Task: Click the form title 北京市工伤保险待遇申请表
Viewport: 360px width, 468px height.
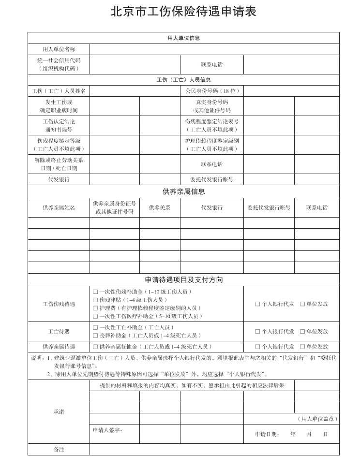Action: click(183, 11)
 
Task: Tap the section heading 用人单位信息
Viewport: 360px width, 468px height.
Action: click(183, 38)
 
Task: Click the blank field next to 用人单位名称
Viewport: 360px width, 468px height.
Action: click(214, 49)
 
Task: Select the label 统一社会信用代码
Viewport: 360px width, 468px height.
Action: click(59, 60)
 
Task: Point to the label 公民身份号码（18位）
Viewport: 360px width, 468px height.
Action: click(212, 91)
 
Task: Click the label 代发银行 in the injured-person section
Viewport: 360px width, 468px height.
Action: click(59, 179)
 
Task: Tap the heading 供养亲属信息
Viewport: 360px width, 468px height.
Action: click(183, 192)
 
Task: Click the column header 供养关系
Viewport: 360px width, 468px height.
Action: click(160, 208)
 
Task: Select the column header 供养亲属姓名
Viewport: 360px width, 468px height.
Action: click(59, 208)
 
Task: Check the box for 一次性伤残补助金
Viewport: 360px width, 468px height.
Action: click(95, 292)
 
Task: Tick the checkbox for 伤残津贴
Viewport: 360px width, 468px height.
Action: click(95, 300)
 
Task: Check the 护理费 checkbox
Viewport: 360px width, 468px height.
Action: click(95, 308)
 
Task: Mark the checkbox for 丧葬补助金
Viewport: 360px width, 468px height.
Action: click(95, 336)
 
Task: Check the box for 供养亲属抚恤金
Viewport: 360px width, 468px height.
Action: click(95, 347)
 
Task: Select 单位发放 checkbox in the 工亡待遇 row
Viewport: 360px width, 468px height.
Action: click(302, 332)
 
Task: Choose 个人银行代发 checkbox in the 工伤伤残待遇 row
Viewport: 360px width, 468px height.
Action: click(258, 304)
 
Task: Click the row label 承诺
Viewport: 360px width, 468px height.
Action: click(59, 412)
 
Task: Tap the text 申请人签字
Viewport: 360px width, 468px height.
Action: click(107, 430)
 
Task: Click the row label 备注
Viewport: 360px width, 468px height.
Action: click(59, 450)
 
